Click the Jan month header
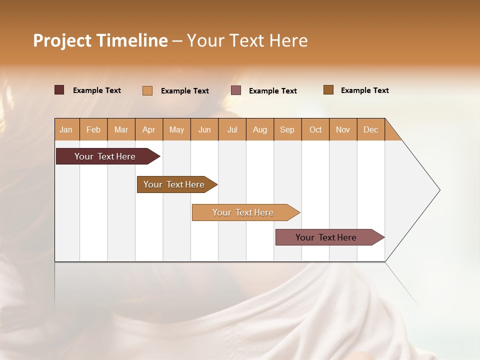66,129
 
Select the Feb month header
93,129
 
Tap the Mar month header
121,129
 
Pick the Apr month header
149,129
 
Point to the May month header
176,129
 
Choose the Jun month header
204,129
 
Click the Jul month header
232,129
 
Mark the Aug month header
260,129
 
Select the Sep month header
287,129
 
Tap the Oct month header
315,129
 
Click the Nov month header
343,129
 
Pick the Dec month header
370,129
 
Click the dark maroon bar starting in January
105,156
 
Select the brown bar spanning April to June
174,184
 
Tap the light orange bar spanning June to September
243,212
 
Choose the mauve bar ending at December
326,237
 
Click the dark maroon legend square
59,90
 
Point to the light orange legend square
147,90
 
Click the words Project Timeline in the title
100,40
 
